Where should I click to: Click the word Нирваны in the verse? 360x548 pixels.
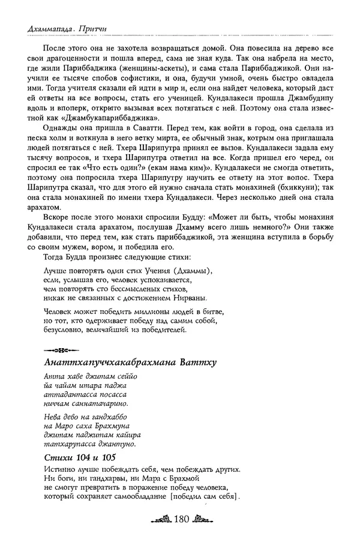point(188,297)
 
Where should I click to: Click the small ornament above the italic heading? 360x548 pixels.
point(58,349)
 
